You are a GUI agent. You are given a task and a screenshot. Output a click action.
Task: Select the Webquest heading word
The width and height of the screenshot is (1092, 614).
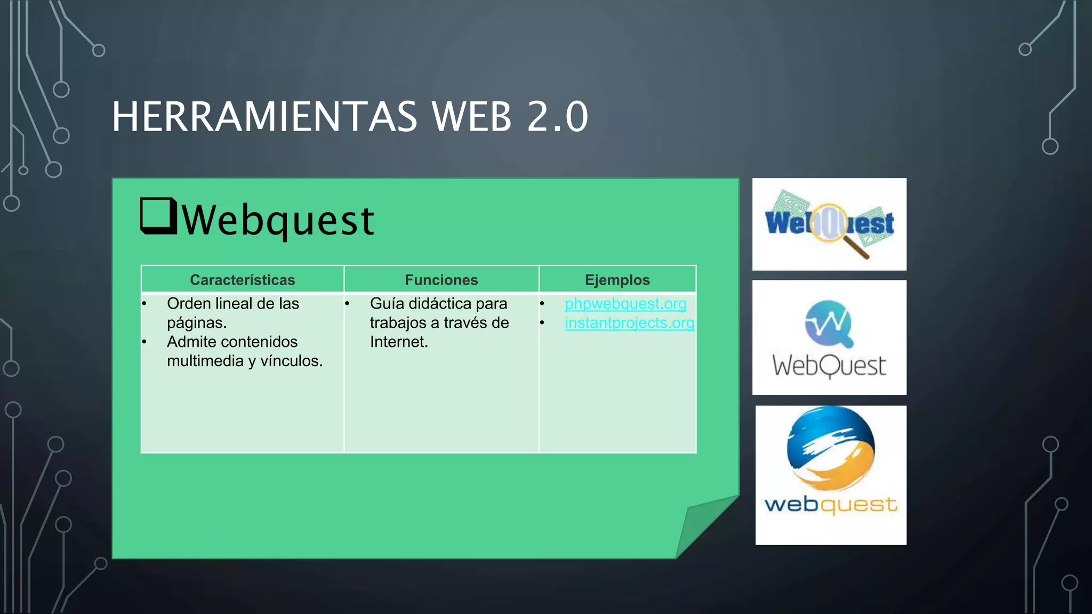point(278,220)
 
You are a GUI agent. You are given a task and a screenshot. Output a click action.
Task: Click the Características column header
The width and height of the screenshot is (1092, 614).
point(242,280)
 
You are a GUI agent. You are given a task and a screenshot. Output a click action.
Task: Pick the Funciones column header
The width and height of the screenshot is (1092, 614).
point(441,280)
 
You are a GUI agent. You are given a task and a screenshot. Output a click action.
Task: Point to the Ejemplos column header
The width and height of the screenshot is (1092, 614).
point(617,280)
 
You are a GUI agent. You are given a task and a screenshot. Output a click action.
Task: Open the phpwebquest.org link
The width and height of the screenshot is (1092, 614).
point(625,304)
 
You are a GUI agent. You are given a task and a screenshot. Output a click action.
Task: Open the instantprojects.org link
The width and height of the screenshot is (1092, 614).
point(629,323)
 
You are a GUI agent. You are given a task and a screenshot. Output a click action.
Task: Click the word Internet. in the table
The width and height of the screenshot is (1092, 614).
point(399,342)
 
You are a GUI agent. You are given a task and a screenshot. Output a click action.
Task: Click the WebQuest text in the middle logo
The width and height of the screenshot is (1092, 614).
point(829,367)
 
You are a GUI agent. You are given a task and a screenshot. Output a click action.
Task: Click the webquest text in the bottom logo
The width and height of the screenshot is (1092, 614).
point(830,505)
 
